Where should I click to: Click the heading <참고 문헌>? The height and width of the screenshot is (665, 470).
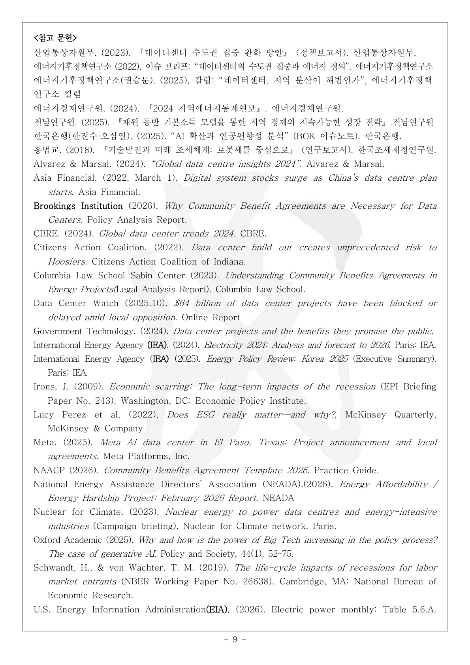[55, 38]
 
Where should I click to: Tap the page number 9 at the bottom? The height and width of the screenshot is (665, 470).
[235, 639]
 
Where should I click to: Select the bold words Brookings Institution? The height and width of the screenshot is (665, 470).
[78, 206]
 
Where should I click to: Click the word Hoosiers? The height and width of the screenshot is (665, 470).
[67, 262]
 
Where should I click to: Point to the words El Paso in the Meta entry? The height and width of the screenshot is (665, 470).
[232, 442]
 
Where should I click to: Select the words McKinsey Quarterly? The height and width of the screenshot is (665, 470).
[390, 415]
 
